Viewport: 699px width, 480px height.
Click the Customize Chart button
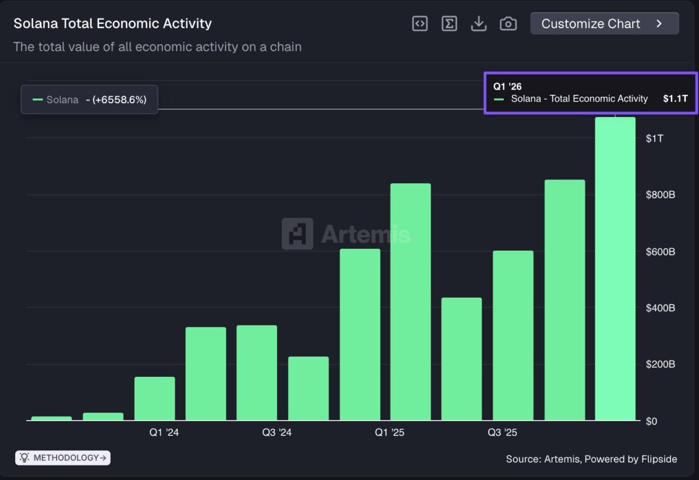pos(604,24)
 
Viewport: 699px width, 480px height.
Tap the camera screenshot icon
pos(508,24)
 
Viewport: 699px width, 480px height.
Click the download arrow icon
pos(479,24)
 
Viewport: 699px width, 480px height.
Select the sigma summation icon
pos(449,24)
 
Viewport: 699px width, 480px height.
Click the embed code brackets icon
pos(419,24)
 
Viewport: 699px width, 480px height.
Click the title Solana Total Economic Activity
pos(112,24)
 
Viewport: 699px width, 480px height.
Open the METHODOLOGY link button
pos(63,458)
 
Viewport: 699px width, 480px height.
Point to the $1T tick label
pos(655,139)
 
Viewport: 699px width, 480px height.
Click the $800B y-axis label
pos(660,195)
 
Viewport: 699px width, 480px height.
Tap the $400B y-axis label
pos(660,308)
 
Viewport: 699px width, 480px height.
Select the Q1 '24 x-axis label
pos(164,433)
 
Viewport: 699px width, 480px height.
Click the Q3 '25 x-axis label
pos(502,433)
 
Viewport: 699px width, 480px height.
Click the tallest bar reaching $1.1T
pos(615,268)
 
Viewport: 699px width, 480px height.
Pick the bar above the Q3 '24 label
pos(257,373)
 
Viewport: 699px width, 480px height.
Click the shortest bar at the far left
pos(51,418)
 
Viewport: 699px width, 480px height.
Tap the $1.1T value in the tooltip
pos(675,99)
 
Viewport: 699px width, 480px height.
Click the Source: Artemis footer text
pos(591,459)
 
